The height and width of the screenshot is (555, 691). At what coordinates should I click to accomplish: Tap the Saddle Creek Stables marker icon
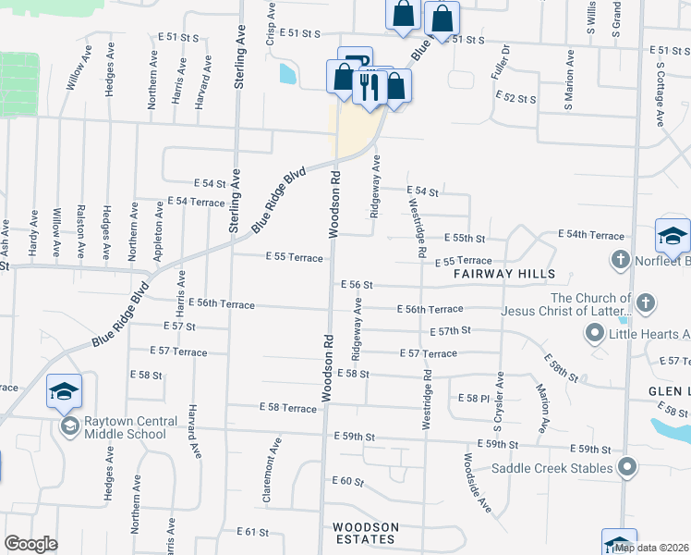627,467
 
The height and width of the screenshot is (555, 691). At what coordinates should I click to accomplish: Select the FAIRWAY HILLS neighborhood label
504,274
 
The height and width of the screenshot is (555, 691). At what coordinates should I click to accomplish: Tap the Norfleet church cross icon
619,261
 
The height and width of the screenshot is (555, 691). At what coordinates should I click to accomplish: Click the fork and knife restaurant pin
369,88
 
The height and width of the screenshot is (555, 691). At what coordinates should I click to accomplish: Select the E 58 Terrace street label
288,407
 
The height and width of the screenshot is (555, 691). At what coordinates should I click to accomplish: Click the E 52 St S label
515,96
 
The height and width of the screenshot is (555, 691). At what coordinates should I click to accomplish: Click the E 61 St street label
251,532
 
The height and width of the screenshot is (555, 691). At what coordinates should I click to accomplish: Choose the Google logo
30,544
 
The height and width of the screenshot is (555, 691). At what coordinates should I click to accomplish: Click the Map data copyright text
651,548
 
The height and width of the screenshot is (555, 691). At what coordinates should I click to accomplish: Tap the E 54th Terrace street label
591,236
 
